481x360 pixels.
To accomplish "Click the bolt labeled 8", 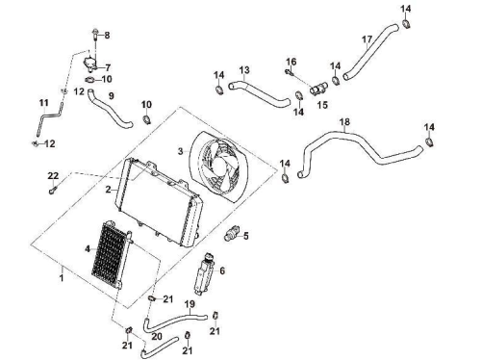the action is tap(95, 35).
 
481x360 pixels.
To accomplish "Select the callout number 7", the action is tap(108, 67).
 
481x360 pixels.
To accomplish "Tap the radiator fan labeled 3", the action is tap(220, 167).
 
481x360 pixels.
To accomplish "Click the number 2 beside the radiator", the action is tap(109, 190).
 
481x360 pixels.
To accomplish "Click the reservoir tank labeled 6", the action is tap(205, 273).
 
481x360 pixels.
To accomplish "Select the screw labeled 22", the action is tap(53, 190).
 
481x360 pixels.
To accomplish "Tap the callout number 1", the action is tap(62, 277).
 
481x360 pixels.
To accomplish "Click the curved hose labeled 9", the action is tap(109, 109).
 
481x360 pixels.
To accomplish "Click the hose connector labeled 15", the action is tap(318, 89).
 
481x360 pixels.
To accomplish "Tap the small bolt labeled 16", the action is tap(290, 72).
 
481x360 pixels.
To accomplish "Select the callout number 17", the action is tap(367, 39).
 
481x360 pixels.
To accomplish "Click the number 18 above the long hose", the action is tap(344, 122).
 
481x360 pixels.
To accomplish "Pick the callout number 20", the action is tap(157, 336).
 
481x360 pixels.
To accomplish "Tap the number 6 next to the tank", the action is tap(222, 270).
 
